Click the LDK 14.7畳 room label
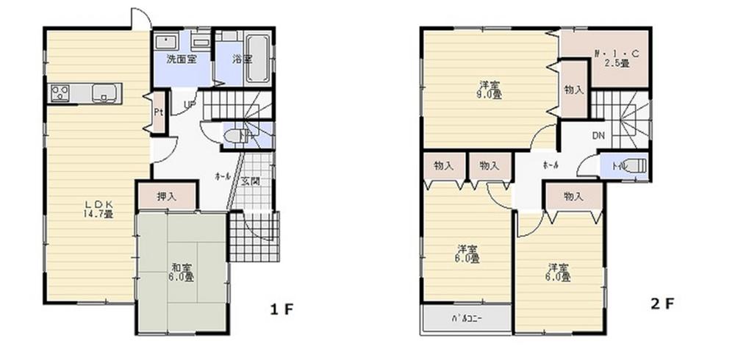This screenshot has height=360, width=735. pyautogui.click(x=97, y=209)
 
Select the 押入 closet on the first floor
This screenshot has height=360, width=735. pyautogui.click(x=167, y=196)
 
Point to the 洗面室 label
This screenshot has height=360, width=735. pyautogui.click(x=180, y=58)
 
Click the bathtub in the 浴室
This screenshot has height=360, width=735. pyautogui.click(x=257, y=59)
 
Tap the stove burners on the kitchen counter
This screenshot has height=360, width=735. pyautogui.click(x=60, y=93)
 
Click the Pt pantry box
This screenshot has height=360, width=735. pyautogui.click(x=158, y=113)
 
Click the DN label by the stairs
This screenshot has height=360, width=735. pyautogui.click(x=598, y=135)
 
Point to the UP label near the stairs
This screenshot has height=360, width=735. pyautogui.click(x=189, y=105)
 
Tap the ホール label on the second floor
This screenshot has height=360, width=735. pyautogui.click(x=550, y=165)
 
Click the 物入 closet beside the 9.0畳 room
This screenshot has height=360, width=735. pyautogui.click(x=574, y=90)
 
